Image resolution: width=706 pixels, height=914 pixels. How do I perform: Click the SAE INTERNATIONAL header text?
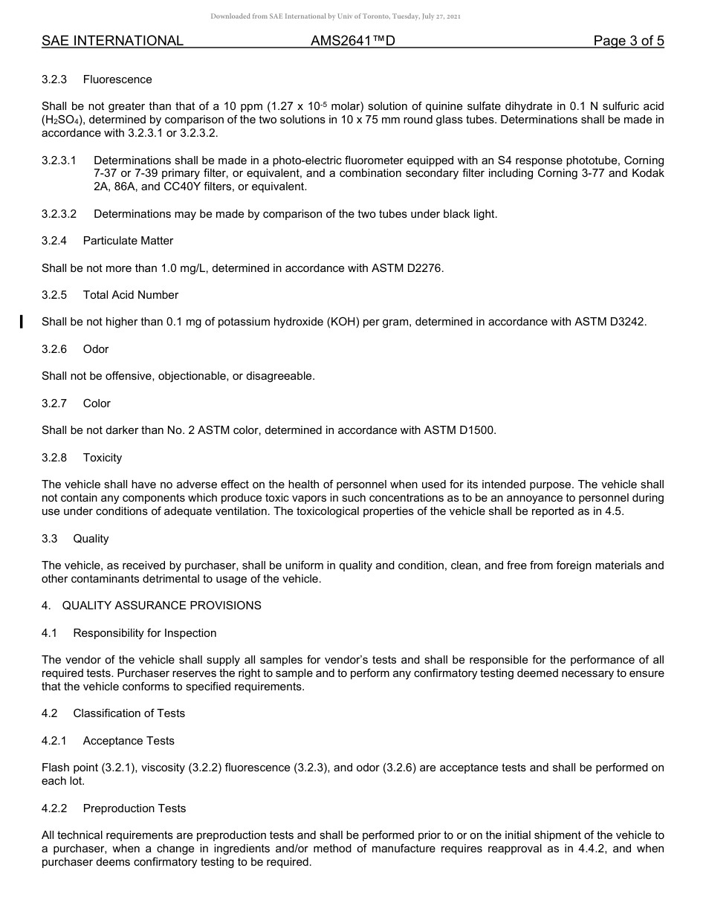[112, 42]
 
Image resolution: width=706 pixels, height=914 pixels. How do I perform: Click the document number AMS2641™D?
[352, 42]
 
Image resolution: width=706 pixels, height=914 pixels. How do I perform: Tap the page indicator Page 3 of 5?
[628, 42]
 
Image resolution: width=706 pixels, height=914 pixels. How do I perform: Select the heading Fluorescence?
[117, 80]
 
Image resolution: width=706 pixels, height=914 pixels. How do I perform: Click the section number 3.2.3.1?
[59, 161]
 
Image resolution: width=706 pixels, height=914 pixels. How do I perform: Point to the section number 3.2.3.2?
[59, 214]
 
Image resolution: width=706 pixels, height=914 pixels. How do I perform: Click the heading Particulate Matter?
[128, 241]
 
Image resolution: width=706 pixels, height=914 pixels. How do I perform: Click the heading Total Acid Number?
[131, 295]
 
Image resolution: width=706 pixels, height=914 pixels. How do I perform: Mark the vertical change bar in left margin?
[22, 322]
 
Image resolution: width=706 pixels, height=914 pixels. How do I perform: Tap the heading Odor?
[96, 349]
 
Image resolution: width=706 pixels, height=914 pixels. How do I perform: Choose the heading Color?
[97, 403]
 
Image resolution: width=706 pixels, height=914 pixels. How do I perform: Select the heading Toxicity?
[103, 458]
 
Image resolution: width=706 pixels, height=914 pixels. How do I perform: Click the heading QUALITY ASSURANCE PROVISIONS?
[161, 606]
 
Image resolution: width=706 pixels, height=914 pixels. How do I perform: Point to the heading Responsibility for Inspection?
[145, 633]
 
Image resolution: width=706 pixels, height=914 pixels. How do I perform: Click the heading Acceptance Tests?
[129, 741]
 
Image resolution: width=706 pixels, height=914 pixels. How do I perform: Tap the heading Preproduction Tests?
[135, 808]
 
